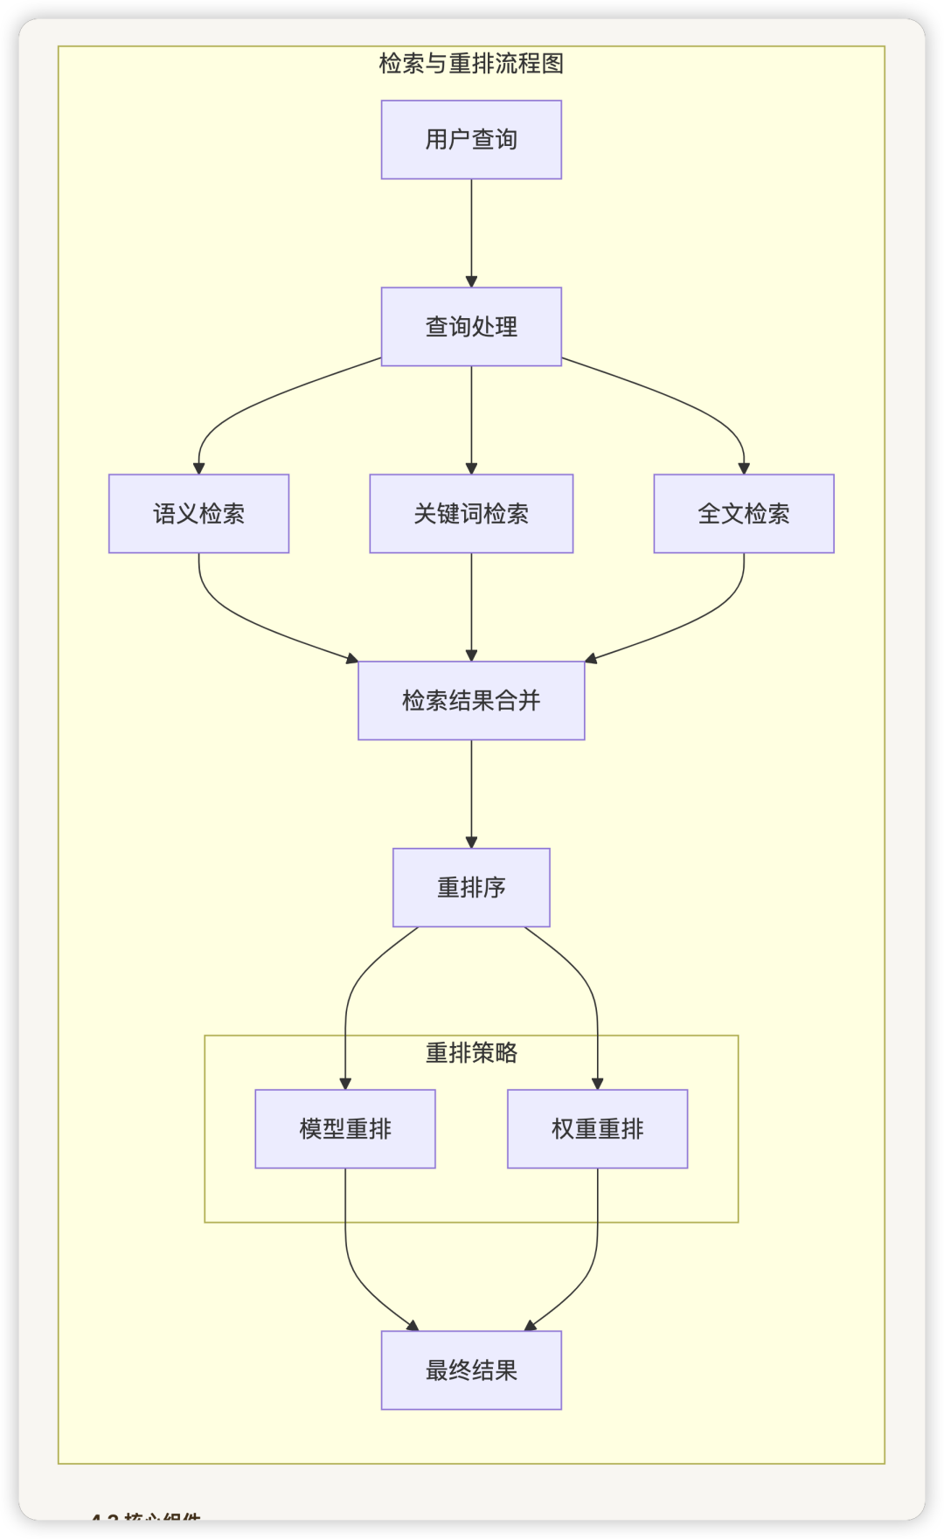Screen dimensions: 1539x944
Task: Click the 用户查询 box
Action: click(x=471, y=140)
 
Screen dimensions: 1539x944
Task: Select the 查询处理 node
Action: click(x=471, y=327)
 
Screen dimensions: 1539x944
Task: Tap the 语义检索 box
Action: click(x=198, y=514)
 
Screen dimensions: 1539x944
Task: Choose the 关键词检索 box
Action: click(x=471, y=514)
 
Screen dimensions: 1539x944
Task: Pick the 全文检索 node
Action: click(x=744, y=514)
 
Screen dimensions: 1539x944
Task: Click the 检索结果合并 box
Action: click(x=471, y=701)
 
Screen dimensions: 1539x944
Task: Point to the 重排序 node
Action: click(x=471, y=888)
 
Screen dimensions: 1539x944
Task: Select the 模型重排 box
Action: click(x=345, y=1129)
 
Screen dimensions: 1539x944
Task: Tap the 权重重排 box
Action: click(x=598, y=1129)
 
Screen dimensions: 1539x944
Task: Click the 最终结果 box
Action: click(x=471, y=1370)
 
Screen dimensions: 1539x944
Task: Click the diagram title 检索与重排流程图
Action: click(x=471, y=64)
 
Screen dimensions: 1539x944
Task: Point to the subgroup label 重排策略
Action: click(x=471, y=1053)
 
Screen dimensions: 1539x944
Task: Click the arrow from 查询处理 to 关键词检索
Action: click(x=471, y=419)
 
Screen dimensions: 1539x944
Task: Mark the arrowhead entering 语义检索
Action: click(x=199, y=468)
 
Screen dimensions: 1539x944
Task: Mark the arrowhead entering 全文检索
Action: click(x=744, y=468)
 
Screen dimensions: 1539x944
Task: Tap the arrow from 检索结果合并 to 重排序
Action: click(x=471, y=794)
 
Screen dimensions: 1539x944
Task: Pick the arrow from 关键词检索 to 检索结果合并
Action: click(x=471, y=607)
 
